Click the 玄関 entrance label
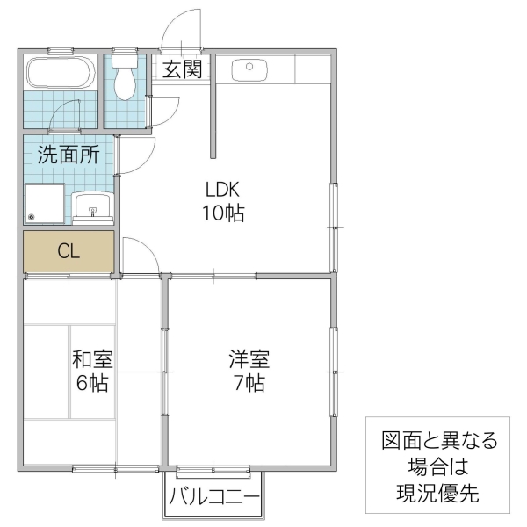point(184,69)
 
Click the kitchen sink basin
point(250,68)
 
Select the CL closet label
point(69,250)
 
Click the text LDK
point(223,189)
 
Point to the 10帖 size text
point(223,213)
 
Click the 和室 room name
point(92,359)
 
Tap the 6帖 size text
point(92,383)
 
